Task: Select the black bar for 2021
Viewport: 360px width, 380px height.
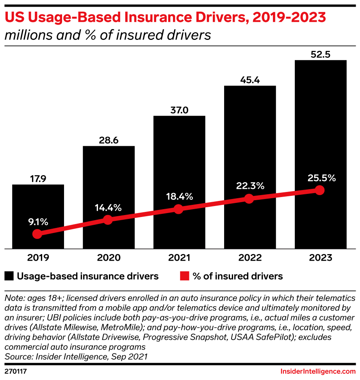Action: [179, 164]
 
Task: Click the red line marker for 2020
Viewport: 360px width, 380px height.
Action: [108, 220]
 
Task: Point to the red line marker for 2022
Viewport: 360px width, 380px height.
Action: [249, 199]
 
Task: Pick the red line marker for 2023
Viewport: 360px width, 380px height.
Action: [320, 190]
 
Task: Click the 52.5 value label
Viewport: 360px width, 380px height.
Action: [321, 55]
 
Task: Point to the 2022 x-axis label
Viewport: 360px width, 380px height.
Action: [250, 258]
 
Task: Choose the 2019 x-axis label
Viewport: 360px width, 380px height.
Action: [38, 258]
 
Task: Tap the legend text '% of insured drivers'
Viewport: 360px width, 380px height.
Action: [237, 276]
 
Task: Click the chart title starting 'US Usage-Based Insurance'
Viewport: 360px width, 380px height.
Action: [165, 18]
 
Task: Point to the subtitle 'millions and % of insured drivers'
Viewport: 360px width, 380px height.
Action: [108, 35]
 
